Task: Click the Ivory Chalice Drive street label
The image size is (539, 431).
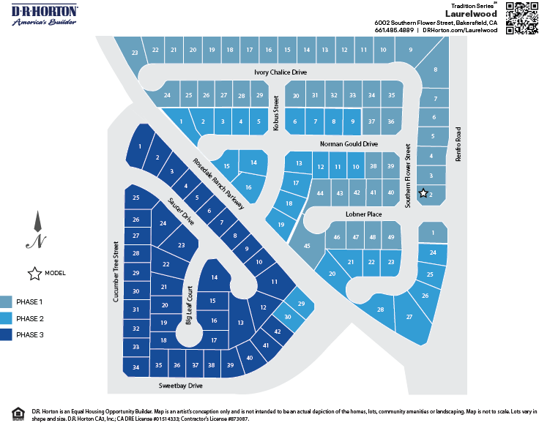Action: click(x=280, y=72)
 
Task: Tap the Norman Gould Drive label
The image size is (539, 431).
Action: click(x=349, y=144)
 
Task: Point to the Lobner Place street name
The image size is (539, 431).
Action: click(x=364, y=214)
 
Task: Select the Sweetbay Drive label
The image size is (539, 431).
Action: click(x=180, y=385)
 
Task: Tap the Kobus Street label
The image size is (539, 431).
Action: click(x=276, y=113)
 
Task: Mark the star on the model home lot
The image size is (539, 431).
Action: click(x=423, y=193)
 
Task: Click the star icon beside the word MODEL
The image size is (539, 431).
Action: click(x=34, y=274)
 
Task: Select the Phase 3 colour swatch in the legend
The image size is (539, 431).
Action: click(x=7, y=335)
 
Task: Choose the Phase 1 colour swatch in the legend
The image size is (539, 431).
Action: click(x=7, y=301)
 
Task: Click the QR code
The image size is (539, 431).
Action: click(x=521, y=18)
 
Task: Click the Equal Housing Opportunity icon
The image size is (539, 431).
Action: click(x=18, y=414)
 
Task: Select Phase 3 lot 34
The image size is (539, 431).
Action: click(x=136, y=367)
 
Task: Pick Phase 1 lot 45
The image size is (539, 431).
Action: click(x=308, y=246)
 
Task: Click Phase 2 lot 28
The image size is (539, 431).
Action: click(x=381, y=310)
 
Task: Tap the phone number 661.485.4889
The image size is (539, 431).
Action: click(x=394, y=31)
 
